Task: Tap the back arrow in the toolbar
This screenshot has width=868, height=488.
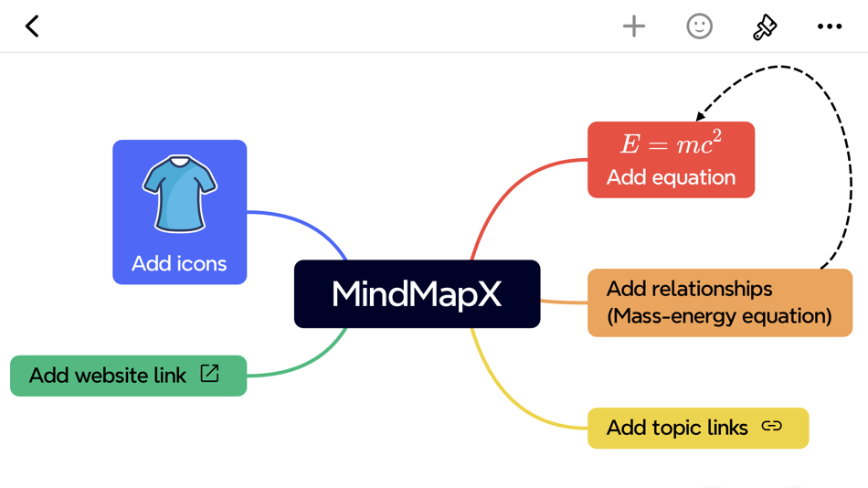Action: tap(32, 27)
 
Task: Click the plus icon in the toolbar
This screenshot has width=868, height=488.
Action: tap(634, 27)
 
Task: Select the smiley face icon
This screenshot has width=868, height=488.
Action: tap(699, 27)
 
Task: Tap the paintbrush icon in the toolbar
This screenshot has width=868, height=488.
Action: tap(765, 27)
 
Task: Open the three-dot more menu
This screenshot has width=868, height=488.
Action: tap(830, 27)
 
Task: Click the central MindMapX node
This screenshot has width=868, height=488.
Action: tap(417, 294)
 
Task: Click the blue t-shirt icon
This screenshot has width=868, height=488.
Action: tap(180, 194)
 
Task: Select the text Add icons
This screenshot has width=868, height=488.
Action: tap(179, 264)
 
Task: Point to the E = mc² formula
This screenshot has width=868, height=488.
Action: tap(671, 143)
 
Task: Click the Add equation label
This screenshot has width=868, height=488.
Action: tap(671, 177)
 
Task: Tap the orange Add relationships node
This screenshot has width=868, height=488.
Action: tap(720, 302)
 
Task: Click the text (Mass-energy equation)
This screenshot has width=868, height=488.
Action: tap(719, 316)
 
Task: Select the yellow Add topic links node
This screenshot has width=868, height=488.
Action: tap(698, 428)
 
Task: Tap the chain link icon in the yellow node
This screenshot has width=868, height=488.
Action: tap(772, 426)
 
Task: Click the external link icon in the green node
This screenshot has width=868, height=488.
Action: tap(210, 373)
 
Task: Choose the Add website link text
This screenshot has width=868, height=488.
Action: tap(108, 376)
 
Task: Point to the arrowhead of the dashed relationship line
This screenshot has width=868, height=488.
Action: tap(701, 116)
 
